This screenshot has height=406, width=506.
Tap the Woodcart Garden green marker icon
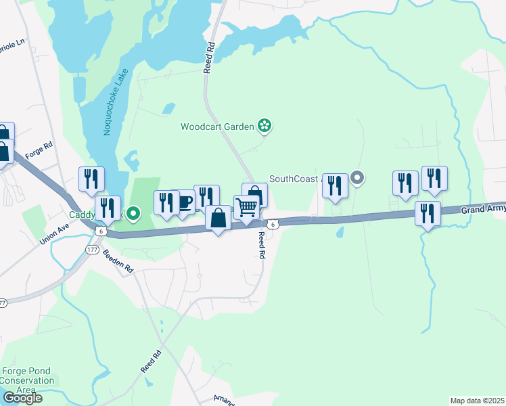264,126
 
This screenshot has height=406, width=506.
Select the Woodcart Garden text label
217,127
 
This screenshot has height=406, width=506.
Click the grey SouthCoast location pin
358,179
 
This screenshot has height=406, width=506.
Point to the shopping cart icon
247,206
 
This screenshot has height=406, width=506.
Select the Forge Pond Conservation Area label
28,380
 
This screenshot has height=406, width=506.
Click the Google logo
22,398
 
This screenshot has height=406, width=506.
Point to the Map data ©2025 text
478,401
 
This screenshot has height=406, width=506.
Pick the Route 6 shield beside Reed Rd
271,223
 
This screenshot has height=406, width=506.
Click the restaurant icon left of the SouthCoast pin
335,185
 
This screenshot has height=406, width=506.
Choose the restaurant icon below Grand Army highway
428,213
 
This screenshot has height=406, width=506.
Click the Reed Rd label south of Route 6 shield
261,245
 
